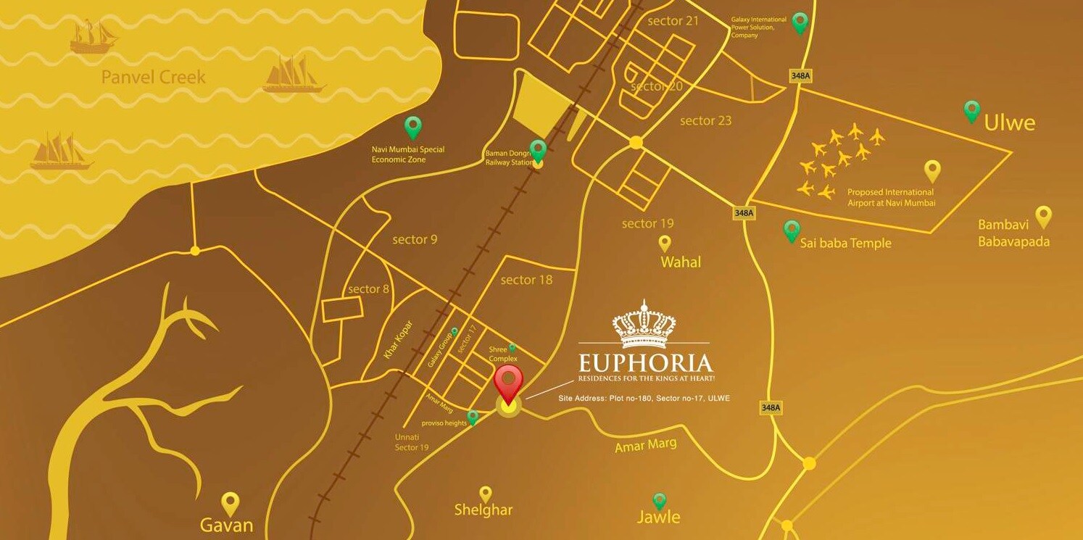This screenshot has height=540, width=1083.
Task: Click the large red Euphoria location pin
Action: [508, 381]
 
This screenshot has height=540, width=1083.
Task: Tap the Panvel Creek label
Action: [154, 77]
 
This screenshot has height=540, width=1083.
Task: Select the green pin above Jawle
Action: [660, 500]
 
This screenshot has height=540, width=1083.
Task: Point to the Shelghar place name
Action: [484, 510]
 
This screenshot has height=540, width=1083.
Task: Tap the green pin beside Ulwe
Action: [972, 110]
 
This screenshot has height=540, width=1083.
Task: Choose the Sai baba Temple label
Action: [845, 244]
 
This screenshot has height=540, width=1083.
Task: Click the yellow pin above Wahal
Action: [665, 243]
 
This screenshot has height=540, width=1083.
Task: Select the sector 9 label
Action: [415, 239]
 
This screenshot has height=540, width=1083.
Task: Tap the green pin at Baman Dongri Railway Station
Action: [538, 151]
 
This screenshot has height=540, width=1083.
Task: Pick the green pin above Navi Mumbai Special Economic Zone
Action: [413, 127]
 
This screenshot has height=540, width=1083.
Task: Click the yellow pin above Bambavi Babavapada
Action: [1043, 215]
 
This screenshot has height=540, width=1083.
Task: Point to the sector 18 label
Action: [527, 280]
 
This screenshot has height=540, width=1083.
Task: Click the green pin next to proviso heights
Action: [473, 417]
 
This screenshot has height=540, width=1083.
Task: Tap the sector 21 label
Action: [673, 21]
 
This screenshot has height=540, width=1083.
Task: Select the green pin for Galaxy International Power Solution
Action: [800, 22]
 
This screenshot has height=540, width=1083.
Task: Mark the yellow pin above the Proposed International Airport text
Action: [932, 170]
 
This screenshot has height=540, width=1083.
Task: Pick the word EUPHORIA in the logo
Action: [645, 363]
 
